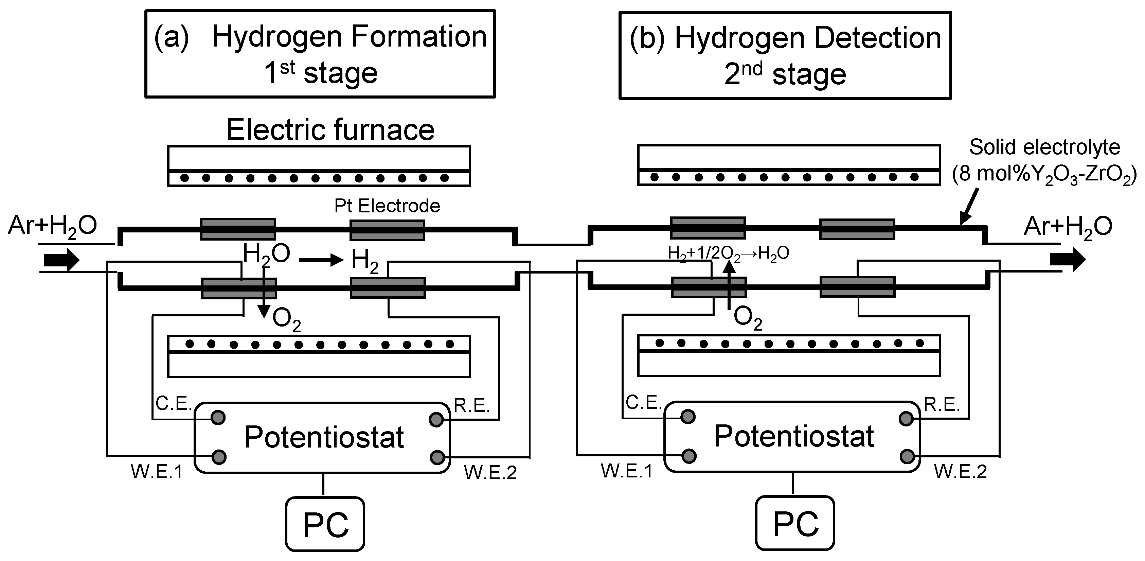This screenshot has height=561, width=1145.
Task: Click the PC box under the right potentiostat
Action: (795, 524)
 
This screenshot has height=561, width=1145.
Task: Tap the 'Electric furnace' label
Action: (330, 130)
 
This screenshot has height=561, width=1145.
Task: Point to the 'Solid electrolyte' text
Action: (1044, 147)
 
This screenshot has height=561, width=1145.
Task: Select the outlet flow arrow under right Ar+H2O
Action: (1068, 260)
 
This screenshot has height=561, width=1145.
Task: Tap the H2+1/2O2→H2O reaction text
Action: (728, 253)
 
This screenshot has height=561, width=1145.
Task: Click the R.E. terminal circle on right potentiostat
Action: (906, 418)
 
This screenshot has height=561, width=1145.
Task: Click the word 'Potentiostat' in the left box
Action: (324, 437)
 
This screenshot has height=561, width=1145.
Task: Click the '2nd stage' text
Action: (785, 74)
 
